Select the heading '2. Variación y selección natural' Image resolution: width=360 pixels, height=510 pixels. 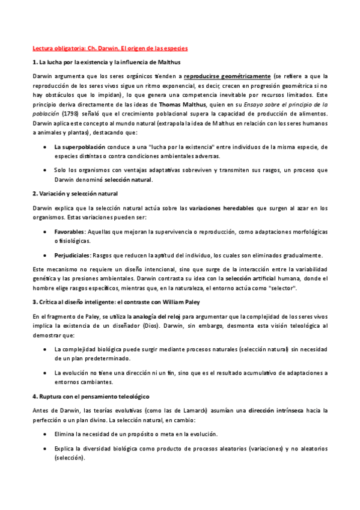[x=75, y=193]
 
